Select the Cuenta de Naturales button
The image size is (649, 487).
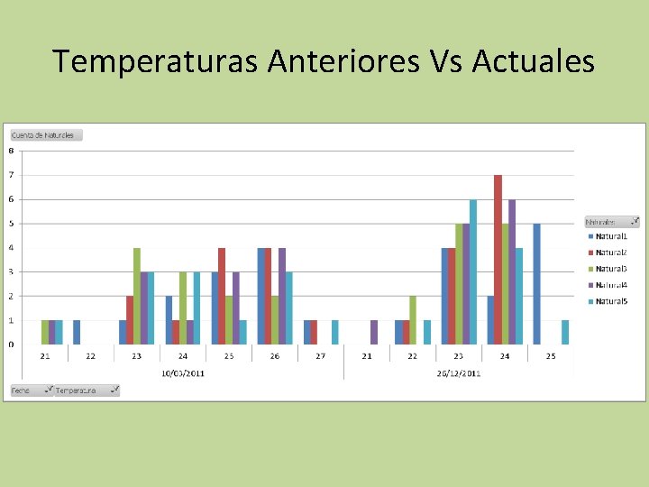click(x=45, y=135)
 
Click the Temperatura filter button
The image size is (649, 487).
click(x=86, y=391)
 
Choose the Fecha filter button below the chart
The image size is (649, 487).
click(x=29, y=391)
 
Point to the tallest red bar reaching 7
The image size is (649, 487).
click(x=498, y=260)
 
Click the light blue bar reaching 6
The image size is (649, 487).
click(x=472, y=271)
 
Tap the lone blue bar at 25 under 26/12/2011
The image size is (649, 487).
click(x=536, y=284)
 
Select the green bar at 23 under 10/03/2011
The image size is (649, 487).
click(x=137, y=296)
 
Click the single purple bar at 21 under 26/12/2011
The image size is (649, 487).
click(x=374, y=332)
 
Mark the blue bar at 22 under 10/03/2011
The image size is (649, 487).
click(x=77, y=332)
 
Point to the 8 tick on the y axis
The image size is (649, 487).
click(x=11, y=151)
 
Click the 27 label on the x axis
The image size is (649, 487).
click(x=320, y=356)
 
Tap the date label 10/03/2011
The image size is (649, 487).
click(x=182, y=372)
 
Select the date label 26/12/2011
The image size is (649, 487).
click(x=458, y=372)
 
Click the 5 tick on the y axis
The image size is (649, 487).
click(x=11, y=224)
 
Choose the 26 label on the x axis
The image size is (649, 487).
click(x=274, y=356)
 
